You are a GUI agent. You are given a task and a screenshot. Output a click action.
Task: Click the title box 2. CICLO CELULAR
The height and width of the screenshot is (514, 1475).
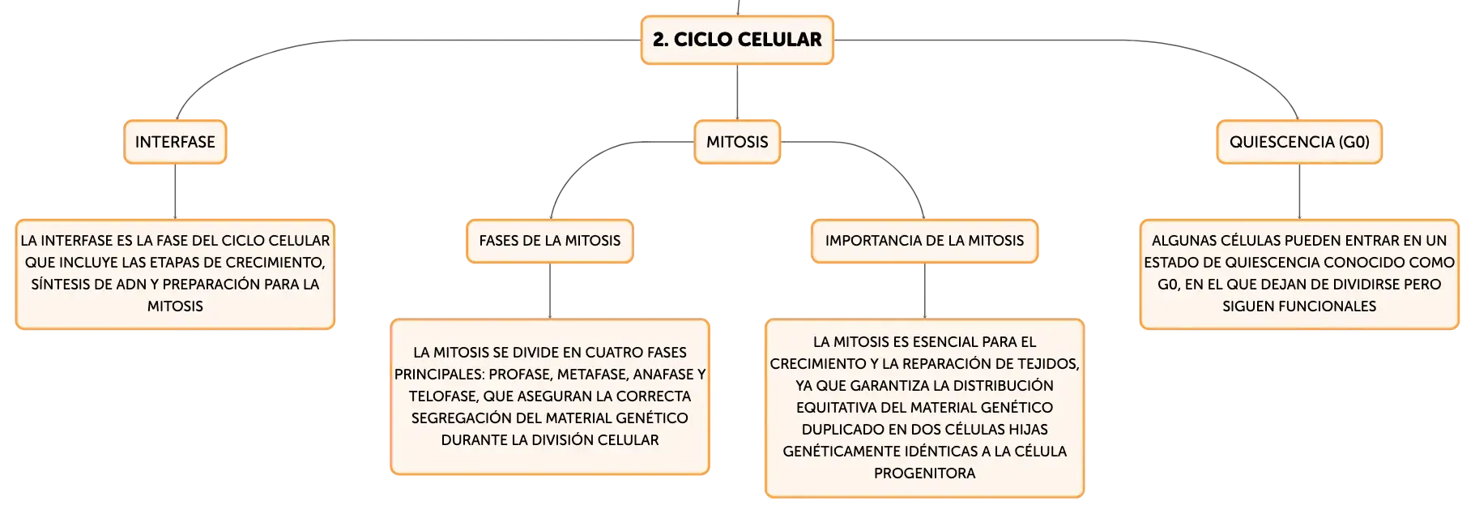(737, 40)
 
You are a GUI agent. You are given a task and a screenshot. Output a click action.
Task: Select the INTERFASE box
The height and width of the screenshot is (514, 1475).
(175, 142)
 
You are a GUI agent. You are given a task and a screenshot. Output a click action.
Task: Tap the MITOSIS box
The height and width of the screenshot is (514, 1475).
(737, 142)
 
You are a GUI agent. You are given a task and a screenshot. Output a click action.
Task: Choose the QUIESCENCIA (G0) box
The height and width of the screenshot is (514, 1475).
(1299, 142)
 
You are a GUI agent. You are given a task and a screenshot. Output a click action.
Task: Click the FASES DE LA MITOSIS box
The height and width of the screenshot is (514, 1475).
(550, 241)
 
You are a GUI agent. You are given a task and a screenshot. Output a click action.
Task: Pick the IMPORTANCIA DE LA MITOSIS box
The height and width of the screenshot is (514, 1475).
(924, 241)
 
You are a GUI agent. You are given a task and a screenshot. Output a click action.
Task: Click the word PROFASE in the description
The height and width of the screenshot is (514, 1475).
(520, 375)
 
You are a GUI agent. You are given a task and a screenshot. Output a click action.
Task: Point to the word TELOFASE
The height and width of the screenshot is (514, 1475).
(443, 396)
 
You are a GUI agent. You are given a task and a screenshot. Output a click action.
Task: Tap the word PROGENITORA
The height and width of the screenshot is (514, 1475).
(924, 473)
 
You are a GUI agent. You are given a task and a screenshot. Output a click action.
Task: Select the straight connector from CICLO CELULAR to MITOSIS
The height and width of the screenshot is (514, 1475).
(737, 92)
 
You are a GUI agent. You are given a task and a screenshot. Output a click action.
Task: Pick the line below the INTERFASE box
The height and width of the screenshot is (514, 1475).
(175, 191)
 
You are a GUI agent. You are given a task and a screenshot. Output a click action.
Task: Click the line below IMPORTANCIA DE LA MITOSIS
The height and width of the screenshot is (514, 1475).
(924, 291)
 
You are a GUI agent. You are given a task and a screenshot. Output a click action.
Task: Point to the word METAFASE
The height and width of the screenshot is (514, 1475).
(592, 375)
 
